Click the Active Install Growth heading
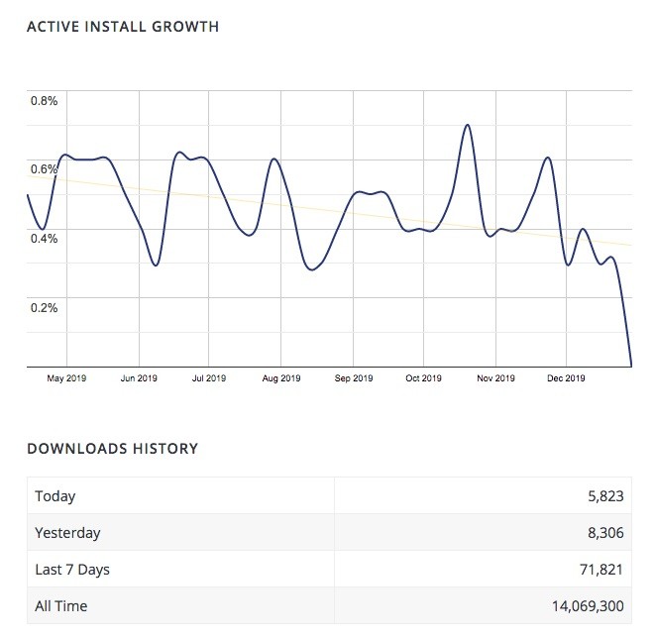point(123,27)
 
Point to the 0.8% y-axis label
point(44,100)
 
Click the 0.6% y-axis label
point(44,169)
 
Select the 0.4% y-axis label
point(44,238)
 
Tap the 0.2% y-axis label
point(44,307)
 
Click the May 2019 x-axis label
point(67,378)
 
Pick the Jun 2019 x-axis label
point(139,378)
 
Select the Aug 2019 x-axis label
point(281,378)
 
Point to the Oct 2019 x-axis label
point(423,378)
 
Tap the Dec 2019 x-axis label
point(566,378)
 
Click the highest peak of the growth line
point(467,126)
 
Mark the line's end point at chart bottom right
point(630,365)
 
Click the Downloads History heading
point(112,449)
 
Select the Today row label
point(55,496)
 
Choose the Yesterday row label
point(67,533)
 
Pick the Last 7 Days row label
point(72,569)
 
